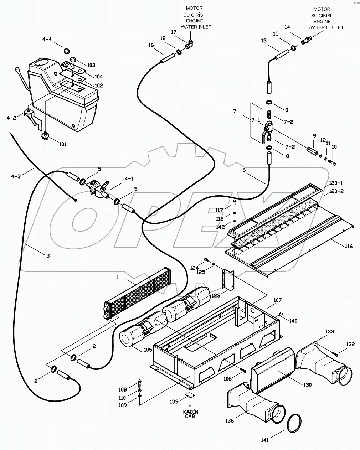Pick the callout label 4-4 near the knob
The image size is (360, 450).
[47, 40]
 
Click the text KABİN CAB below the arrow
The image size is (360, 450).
[191, 414]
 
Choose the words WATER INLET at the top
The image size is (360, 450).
[196, 27]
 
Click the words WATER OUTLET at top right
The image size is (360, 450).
[326, 27]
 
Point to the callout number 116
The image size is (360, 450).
[348, 246]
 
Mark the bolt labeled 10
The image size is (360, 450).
[333, 164]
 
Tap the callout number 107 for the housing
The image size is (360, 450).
[277, 300]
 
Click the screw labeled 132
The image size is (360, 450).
[334, 353]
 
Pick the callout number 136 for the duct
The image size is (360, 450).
[229, 420]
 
